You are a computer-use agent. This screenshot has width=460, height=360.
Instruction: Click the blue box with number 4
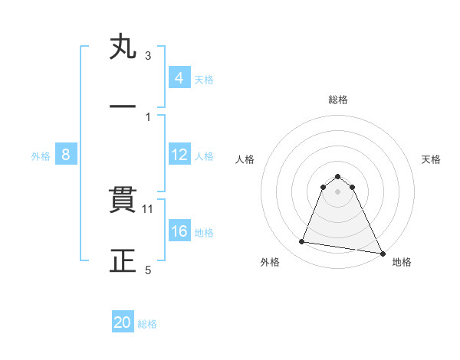[x=179, y=78]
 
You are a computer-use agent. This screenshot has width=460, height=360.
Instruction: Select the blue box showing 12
[x=179, y=155]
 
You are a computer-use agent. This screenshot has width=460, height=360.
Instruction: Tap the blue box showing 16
[x=179, y=232]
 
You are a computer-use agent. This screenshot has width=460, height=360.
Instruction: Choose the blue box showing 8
[x=66, y=155]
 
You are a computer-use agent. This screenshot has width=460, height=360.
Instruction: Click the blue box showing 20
[x=123, y=322]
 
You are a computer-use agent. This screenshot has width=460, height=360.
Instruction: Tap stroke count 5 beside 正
[x=148, y=270]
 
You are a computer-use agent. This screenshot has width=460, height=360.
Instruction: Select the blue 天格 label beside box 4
[x=204, y=79]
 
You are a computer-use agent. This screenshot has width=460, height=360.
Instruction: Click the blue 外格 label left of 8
[x=41, y=155]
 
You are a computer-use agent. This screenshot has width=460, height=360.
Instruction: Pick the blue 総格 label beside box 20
[x=147, y=323]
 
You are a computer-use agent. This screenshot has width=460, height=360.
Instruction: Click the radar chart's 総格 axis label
[x=338, y=100]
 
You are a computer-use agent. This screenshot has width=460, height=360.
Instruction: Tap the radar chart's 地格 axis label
[x=402, y=262]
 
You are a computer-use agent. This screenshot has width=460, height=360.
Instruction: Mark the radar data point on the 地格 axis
[x=382, y=253]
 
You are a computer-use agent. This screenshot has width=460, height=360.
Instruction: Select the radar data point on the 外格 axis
[x=301, y=242]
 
